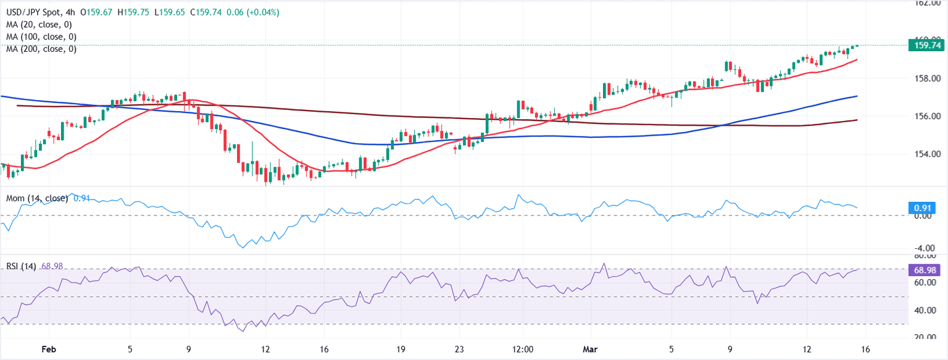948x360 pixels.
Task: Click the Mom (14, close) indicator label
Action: click(37, 198)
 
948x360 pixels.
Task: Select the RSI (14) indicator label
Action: click(22, 266)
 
